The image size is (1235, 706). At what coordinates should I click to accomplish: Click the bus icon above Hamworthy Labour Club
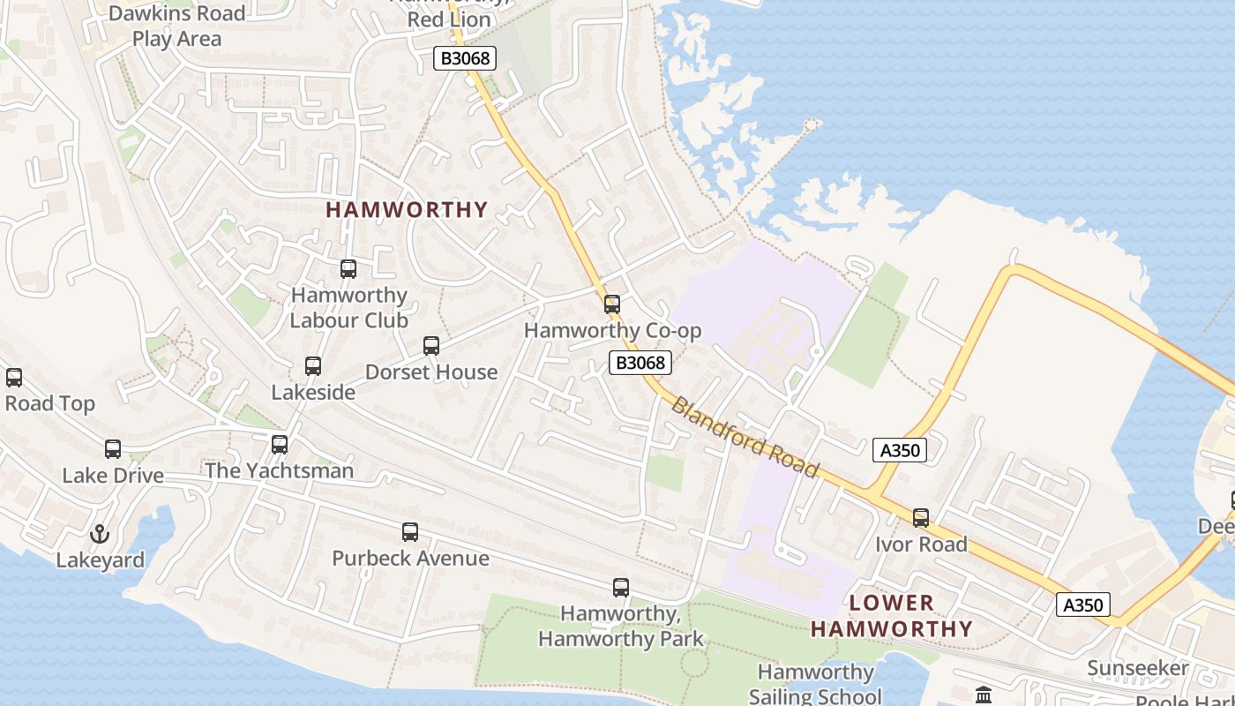tap(348, 269)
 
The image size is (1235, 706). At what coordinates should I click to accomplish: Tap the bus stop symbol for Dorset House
tap(431, 346)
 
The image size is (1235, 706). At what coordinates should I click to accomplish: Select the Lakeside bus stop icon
tap(313, 366)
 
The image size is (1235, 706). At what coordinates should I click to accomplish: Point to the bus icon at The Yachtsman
tap(280, 445)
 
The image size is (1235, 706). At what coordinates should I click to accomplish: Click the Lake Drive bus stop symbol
tap(113, 449)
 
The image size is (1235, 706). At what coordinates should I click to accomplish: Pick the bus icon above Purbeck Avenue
tap(410, 532)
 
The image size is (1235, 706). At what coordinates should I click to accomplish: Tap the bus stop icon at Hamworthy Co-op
tap(612, 304)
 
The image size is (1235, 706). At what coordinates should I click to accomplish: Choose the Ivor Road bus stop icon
tap(921, 518)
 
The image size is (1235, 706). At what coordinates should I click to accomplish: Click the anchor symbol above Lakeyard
tap(100, 534)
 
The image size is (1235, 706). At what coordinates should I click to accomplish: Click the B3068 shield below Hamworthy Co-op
tap(640, 363)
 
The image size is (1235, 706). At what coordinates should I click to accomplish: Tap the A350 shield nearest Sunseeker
tap(1082, 605)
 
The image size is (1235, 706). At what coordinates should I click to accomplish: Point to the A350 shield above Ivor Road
tap(900, 450)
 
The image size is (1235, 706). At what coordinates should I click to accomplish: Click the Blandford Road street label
tap(745, 436)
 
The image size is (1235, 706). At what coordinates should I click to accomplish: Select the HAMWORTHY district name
tap(407, 210)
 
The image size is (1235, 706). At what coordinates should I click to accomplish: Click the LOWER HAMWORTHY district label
tap(891, 616)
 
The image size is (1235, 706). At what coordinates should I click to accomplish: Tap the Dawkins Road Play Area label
tap(176, 26)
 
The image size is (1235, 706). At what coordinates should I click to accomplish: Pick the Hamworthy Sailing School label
tap(815, 684)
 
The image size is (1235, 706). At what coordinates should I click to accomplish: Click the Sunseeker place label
tap(1137, 668)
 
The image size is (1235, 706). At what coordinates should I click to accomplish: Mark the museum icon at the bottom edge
tap(984, 695)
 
